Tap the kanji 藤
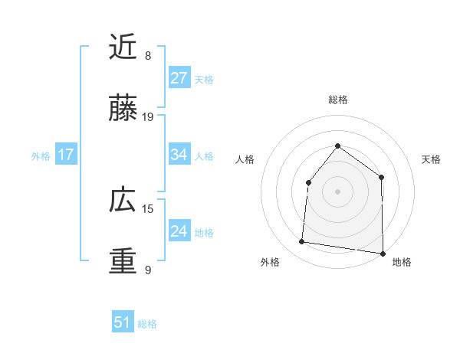(x=123, y=109)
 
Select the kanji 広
(x=123, y=201)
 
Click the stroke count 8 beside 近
(x=148, y=56)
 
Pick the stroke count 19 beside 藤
(x=149, y=117)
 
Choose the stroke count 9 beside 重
(x=148, y=270)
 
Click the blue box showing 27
(x=179, y=78)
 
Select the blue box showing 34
(x=179, y=155)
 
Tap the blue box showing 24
(x=179, y=231)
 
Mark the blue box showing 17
(x=65, y=155)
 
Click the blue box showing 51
(x=122, y=322)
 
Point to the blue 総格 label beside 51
(x=147, y=324)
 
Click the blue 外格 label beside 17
(x=41, y=156)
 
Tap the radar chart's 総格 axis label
(x=337, y=100)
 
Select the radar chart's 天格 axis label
(x=431, y=159)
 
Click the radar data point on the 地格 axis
(x=383, y=253)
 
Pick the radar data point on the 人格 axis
(x=308, y=182)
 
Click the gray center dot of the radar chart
(x=337, y=191)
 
